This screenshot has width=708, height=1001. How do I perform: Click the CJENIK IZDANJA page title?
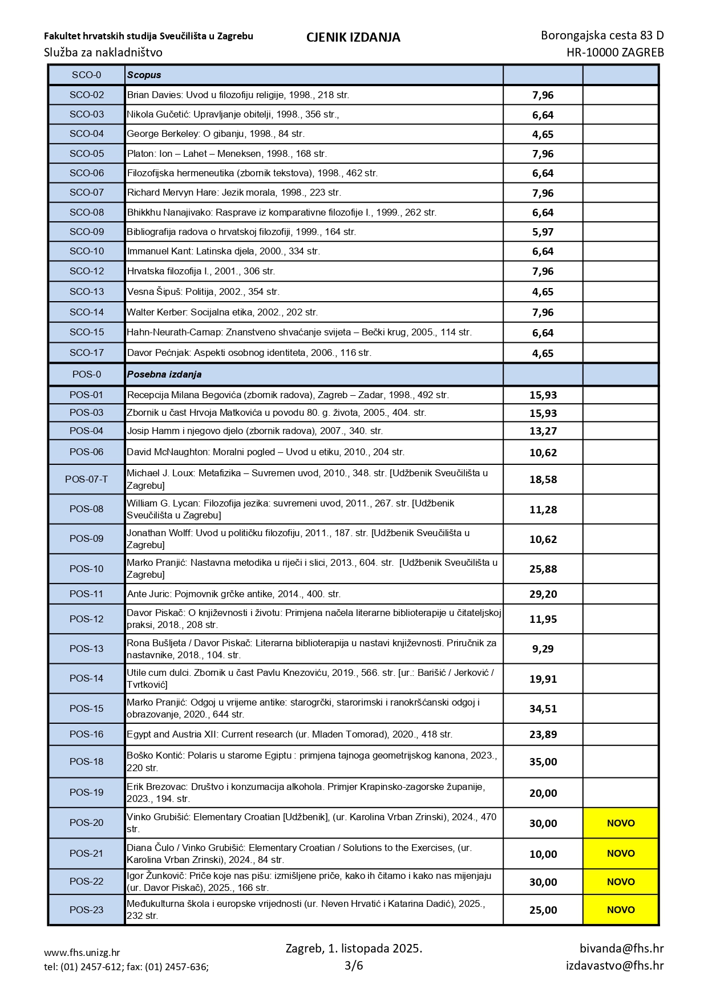353,38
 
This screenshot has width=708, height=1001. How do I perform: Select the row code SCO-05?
87,153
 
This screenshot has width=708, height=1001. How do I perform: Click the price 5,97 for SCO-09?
543,232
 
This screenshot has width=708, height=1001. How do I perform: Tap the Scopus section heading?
144,75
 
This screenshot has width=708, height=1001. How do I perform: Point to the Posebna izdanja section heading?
164,375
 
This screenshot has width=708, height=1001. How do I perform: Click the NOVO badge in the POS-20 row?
621,823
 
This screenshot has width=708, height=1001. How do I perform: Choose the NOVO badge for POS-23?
621,910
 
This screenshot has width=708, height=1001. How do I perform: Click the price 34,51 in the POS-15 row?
543,709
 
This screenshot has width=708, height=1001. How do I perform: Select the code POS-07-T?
87,479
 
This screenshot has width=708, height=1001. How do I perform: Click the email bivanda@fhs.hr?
621,949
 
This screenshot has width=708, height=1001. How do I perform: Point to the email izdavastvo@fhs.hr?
614,966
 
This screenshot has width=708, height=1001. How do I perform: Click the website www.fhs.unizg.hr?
82,953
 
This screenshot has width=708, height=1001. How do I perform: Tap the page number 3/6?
354,966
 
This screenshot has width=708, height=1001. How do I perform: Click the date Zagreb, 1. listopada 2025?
354,949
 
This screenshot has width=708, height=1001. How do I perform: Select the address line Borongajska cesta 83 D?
602,35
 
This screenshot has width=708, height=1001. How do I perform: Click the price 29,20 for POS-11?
543,594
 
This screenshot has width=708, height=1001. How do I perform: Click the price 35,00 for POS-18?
543,762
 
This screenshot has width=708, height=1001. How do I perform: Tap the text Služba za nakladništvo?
103,52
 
